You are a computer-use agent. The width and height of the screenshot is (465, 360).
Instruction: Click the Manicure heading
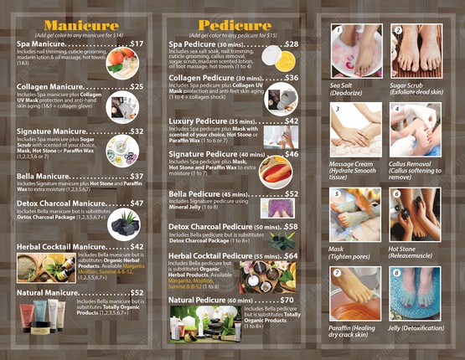pyautogui.click(x=82, y=24)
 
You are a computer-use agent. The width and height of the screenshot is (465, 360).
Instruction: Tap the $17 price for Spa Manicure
pyautogui.click(x=137, y=44)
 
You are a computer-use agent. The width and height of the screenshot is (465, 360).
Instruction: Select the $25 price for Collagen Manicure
pyautogui.click(x=137, y=86)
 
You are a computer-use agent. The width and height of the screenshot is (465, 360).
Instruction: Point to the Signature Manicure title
pyautogui.click(x=51, y=131)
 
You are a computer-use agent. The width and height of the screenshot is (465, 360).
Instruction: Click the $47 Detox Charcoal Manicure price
pyautogui.click(x=137, y=203)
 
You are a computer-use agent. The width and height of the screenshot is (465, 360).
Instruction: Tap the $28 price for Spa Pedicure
pyautogui.click(x=291, y=44)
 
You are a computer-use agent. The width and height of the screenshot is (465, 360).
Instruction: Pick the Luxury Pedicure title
pyautogui.click(x=198, y=121)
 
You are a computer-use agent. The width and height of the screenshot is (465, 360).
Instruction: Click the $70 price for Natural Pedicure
pyautogui.click(x=287, y=300)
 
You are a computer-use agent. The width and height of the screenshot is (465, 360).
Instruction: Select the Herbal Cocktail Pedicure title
pyautogui.click(x=214, y=256)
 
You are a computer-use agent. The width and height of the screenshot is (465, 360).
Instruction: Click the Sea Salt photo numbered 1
pyautogui.click(x=356, y=50)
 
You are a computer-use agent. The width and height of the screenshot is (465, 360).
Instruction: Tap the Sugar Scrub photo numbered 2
pyautogui.click(x=416, y=50)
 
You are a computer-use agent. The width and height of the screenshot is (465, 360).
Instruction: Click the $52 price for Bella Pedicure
pyautogui.click(x=291, y=193)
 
